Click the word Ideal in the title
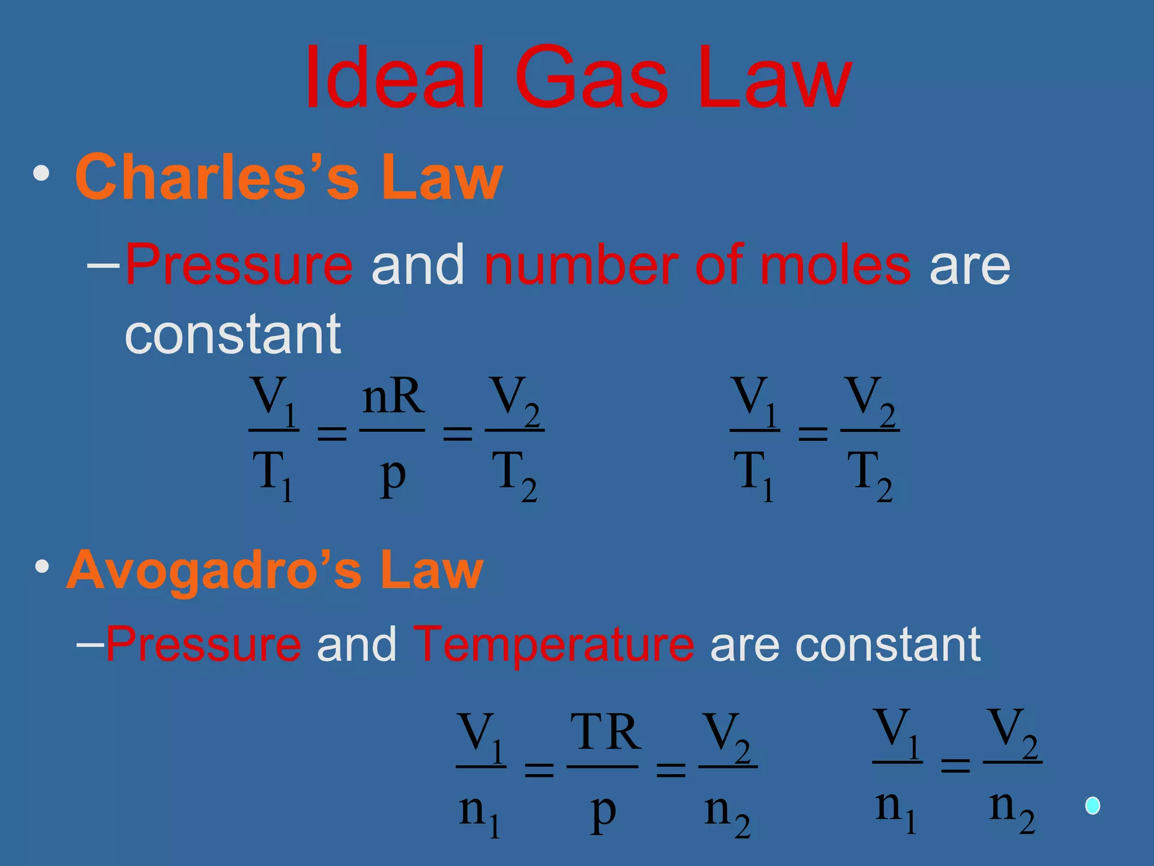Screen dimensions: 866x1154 point(394,78)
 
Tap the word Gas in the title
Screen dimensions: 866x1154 point(591,78)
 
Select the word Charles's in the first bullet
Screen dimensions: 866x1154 point(217,177)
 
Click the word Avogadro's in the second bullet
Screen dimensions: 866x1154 point(214,571)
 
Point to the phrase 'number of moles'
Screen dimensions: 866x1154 point(697,265)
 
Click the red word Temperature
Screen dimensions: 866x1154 point(553,644)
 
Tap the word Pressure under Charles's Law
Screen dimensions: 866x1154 point(239,265)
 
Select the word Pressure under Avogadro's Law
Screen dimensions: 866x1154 point(203,644)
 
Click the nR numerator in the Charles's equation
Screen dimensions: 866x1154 point(393,397)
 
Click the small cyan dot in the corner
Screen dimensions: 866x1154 point(1093,806)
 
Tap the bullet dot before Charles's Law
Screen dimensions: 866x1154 point(41,174)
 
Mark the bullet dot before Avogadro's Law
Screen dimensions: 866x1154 point(41,567)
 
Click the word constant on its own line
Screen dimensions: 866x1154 point(233,334)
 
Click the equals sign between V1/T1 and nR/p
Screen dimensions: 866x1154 point(332,433)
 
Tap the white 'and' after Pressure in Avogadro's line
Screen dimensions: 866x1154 point(357,644)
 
